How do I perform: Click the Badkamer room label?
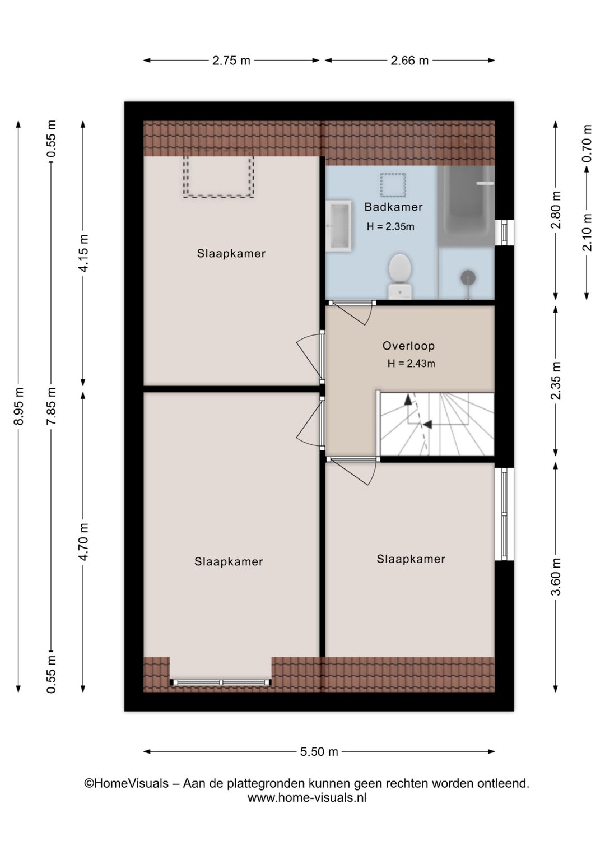393,207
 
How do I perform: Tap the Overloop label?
408,346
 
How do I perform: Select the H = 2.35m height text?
390,227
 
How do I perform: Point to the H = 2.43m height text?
411,364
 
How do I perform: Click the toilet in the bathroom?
399,277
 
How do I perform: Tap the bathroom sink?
338,226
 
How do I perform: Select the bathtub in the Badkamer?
466,206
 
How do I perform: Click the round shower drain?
468,277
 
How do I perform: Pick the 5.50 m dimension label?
319,751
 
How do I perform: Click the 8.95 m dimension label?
18,406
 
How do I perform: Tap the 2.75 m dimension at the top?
231,61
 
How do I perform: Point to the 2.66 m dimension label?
409,61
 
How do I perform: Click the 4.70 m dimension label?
83,542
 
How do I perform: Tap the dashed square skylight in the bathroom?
393,185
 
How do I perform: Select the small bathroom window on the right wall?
504,232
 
